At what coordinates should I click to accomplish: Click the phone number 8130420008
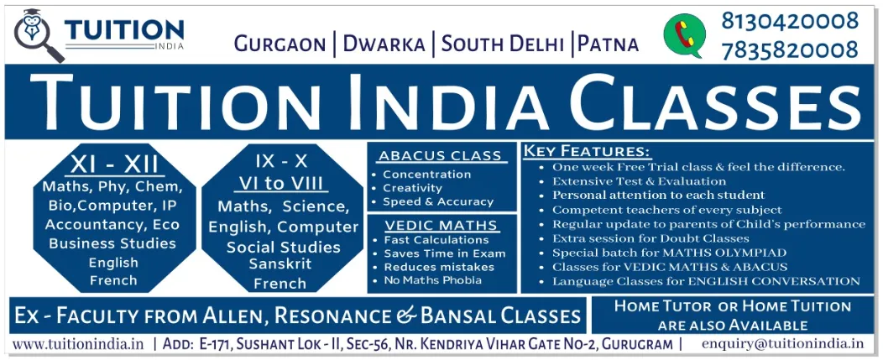click(x=790, y=21)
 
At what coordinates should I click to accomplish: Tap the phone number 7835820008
click(x=790, y=50)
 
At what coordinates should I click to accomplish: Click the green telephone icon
click(x=685, y=36)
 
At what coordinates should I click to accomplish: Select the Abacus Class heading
click(x=440, y=156)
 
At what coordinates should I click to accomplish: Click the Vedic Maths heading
click(x=441, y=225)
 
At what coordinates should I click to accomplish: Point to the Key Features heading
click(x=587, y=152)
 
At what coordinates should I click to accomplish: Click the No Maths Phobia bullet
click(x=432, y=280)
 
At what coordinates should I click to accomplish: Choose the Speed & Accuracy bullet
click(x=437, y=201)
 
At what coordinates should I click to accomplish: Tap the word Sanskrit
click(x=280, y=263)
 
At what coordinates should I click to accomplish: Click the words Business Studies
click(x=112, y=243)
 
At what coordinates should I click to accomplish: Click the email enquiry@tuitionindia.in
click(x=782, y=343)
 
